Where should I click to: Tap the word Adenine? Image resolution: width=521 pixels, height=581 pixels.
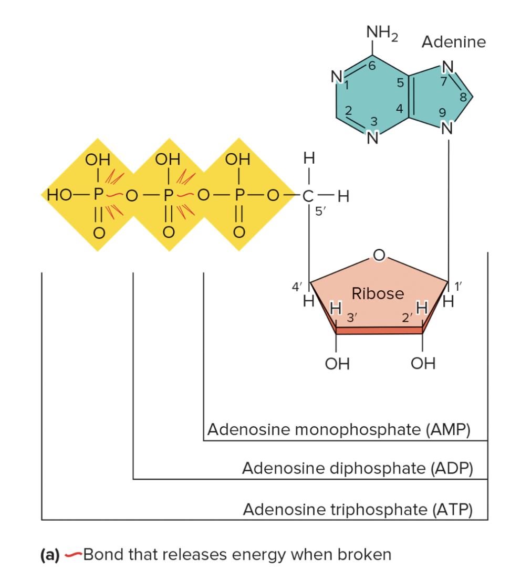click(454, 42)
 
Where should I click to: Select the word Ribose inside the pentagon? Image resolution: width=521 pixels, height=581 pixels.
click(378, 293)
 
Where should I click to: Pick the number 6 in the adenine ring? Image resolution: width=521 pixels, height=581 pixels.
click(372, 67)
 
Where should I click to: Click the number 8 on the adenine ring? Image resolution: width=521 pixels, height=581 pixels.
click(463, 97)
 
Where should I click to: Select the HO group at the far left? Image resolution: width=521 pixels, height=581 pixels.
click(59, 196)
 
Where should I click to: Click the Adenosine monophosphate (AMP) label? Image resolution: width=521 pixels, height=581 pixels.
click(338, 429)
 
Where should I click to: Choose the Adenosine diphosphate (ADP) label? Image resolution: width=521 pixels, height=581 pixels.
click(357, 468)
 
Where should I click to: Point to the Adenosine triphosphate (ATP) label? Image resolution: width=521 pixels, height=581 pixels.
click(358, 509)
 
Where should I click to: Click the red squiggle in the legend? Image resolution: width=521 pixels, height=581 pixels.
click(74, 554)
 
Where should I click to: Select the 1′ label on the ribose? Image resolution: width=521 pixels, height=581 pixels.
click(458, 287)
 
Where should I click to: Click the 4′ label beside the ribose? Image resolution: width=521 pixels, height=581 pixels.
click(297, 287)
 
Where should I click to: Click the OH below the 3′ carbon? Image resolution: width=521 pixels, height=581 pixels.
click(337, 363)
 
